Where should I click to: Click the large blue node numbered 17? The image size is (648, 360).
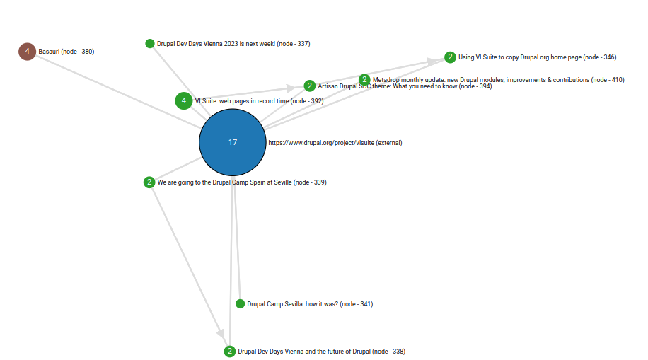(233, 142)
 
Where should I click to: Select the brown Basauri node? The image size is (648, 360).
(28, 51)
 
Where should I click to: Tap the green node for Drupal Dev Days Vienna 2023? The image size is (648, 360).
(150, 43)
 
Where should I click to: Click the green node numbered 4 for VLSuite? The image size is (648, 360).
(184, 101)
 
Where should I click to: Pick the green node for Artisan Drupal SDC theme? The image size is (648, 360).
(310, 86)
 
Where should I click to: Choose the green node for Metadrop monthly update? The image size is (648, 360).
(364, 79)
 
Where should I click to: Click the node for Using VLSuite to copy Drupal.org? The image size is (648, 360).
(450, 57)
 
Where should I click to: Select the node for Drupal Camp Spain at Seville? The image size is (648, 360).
(149, 182)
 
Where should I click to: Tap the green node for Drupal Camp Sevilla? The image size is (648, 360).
(240, 304)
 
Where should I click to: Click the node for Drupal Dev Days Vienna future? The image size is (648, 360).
(230, 352)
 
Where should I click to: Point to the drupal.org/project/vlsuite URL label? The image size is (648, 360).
(335, 143)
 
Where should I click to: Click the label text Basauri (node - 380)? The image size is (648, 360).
(66, 51)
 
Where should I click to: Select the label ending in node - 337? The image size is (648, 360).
(233, 43)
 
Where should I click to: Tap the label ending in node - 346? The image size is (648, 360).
(537, 57)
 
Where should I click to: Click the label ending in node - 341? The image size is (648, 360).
(310, 304)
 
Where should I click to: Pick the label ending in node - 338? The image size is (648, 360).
(321, 352)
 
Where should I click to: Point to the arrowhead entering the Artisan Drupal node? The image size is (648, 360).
(291, 88)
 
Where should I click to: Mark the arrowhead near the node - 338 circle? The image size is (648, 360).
(221, 333)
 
